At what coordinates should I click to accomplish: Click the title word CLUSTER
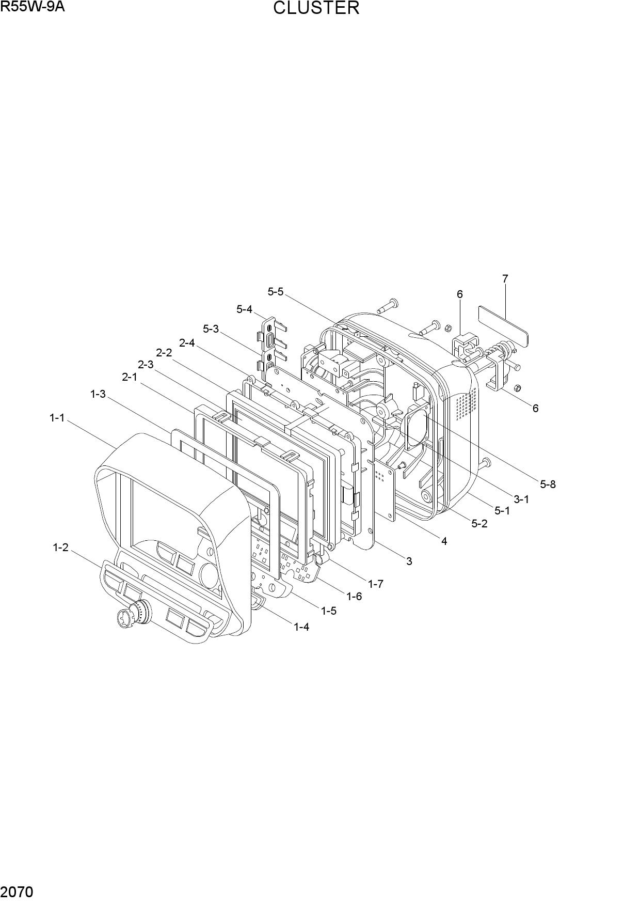[x=316, y=8]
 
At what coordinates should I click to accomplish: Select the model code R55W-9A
[x=33, y=7]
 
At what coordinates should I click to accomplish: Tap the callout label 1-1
[x=57, y=418]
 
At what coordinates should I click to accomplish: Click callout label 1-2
[x=60, y=548]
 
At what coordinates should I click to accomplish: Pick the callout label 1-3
[x=98, y=394]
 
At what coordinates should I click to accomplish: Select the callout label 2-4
[x=187, y=342]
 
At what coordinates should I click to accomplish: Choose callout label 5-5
[x=276, y=291]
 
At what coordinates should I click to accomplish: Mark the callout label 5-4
[x=245, y=309]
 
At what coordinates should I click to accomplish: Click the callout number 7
[x=505, y=278]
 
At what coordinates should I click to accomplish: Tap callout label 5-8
[x=548, y=484]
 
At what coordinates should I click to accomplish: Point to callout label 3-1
[x=521, y=499]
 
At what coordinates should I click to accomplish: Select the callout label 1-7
[x=376, y=584]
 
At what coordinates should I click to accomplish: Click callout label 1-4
[x=301, y=627]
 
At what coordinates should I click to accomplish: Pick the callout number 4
[x=444, y=541]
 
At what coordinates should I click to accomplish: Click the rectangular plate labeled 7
[x=503, y=327]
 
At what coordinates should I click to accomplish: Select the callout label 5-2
[x=479, y=523]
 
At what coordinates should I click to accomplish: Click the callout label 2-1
[x=130, y=377]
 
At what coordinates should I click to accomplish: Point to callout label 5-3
[x=211, y=329]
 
